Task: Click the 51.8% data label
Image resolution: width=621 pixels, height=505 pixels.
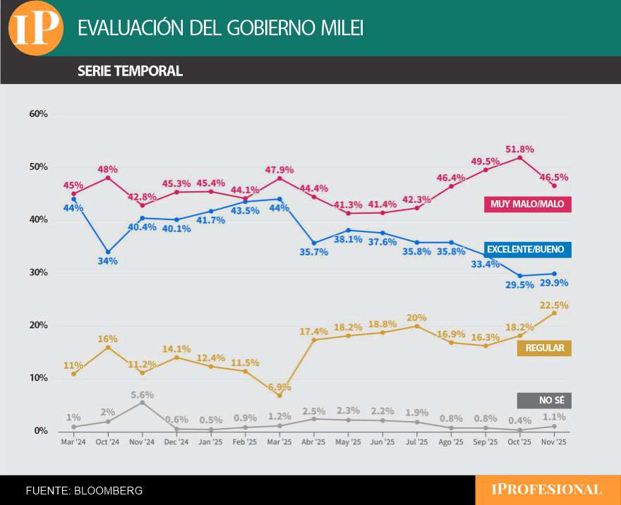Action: [x=520, y=149]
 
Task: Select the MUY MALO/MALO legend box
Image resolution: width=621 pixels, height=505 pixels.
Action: [x=528, y=205]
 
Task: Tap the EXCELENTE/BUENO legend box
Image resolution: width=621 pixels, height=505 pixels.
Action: [x=528, y=250]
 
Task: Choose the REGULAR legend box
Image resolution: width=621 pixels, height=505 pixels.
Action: [x=545, y=348]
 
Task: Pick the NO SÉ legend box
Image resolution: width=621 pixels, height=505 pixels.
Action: [x=545, y=401]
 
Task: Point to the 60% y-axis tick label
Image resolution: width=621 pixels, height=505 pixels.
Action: [x=38, y=114]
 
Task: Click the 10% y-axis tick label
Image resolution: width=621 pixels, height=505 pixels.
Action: [x=38, y=378]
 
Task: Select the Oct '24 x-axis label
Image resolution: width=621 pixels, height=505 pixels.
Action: [x=108, y=443]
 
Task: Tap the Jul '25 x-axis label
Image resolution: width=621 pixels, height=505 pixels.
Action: [x=417, y=443]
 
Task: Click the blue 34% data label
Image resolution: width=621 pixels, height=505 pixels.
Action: [x=107, y=261]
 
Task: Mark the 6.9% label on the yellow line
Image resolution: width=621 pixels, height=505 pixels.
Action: [x=279, y=387]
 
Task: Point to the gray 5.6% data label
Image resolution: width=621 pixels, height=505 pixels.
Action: [x=142, y=394]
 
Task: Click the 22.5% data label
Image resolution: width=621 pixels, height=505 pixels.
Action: [x=555, y=305]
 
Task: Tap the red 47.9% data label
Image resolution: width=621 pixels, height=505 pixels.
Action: [x=279, y=170]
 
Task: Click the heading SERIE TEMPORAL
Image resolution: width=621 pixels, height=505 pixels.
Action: [x=130, y=71]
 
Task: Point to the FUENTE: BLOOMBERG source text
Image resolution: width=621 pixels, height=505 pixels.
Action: [x=84, y=490]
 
